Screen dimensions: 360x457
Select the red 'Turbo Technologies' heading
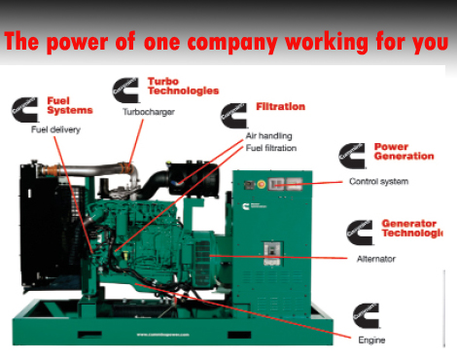point(182,86)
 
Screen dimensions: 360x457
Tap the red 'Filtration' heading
point(280,106)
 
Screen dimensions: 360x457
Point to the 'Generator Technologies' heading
point(411,228)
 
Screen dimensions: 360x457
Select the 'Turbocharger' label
point(148,112)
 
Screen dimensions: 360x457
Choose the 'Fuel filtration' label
point(271,148)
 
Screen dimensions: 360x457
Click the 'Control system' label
point(378,181)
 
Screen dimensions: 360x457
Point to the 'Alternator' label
point(374,258)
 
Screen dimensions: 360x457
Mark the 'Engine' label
point(371,340)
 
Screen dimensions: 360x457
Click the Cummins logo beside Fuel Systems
point(26,109)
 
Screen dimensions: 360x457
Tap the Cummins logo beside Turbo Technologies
point(126,90)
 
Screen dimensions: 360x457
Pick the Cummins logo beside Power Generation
point(352,155)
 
